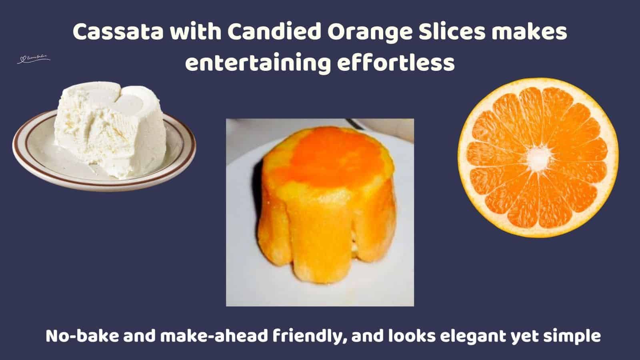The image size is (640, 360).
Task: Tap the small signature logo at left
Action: [34, 60]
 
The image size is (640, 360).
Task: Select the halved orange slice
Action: [538, 158]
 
